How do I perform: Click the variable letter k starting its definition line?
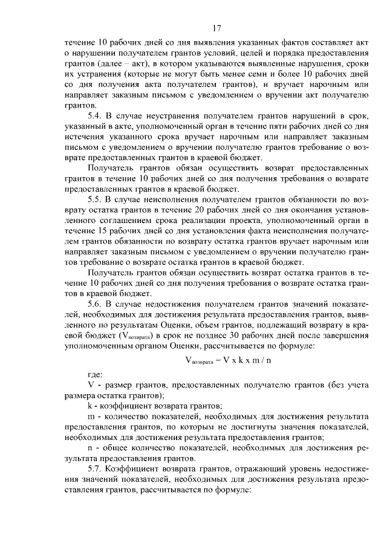(x=90, y=405)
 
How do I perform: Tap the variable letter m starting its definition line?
(x=91, y=417)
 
